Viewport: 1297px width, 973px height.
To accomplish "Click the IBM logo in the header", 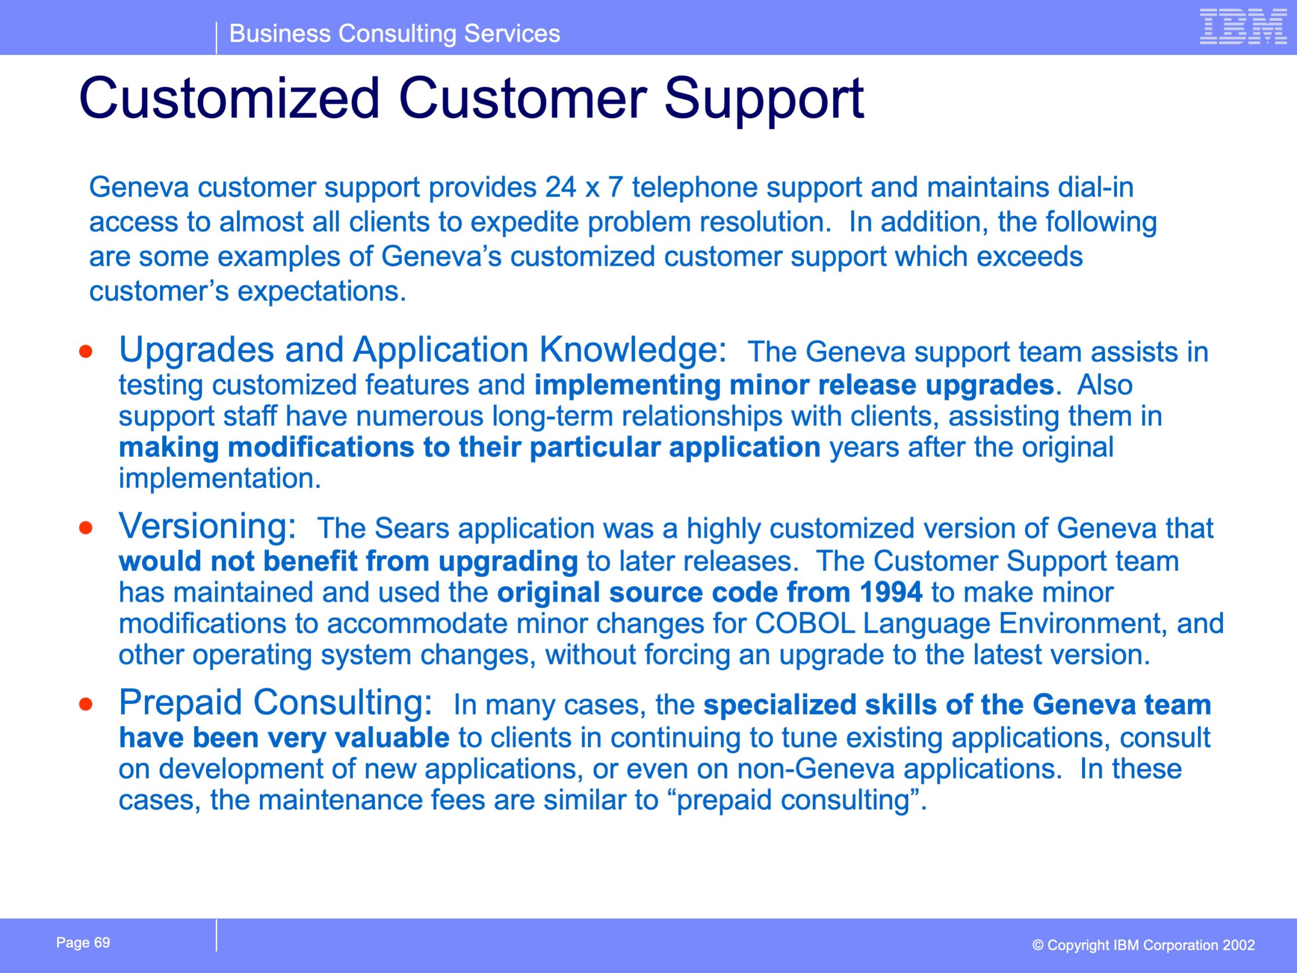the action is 1243,26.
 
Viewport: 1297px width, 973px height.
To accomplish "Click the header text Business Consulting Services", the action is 395,33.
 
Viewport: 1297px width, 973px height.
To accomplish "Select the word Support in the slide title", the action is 764,100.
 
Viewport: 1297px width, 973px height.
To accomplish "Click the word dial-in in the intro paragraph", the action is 1096,188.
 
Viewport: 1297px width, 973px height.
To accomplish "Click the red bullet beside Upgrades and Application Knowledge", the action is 86,352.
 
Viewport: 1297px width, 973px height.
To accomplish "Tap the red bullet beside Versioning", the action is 86,528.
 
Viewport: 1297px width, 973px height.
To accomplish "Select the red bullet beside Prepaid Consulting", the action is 86,704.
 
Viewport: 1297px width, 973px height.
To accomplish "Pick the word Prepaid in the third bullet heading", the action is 180,702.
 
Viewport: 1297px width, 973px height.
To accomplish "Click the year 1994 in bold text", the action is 891,592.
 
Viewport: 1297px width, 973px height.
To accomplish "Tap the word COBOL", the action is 805,623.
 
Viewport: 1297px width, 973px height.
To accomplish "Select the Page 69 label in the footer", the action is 83,943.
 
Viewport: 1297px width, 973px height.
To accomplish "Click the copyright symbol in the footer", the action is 1038,946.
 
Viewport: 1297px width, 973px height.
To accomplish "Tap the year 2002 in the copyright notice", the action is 1238,946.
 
